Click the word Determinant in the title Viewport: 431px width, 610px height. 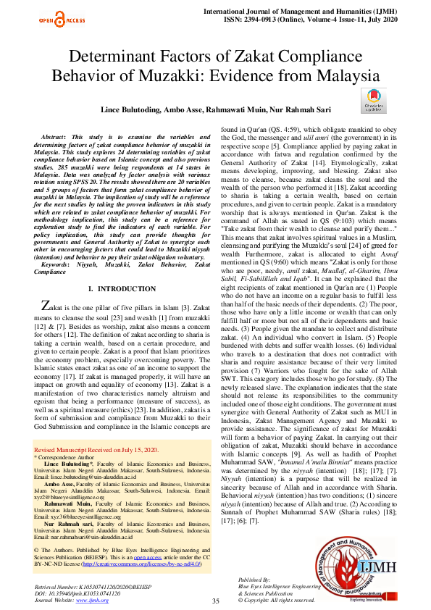124,60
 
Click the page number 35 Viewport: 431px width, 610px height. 215,580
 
